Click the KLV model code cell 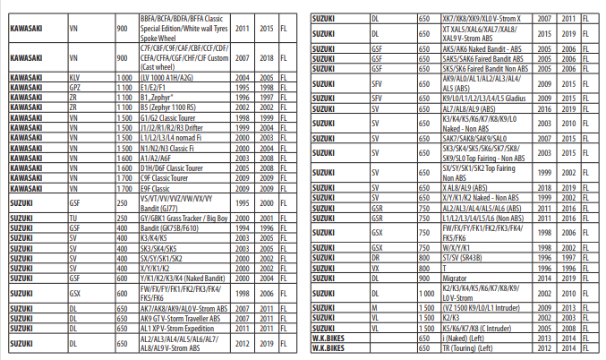click(x=75, y=78)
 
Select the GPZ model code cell click(x=75, y=88)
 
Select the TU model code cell click(x=73, y=216)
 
